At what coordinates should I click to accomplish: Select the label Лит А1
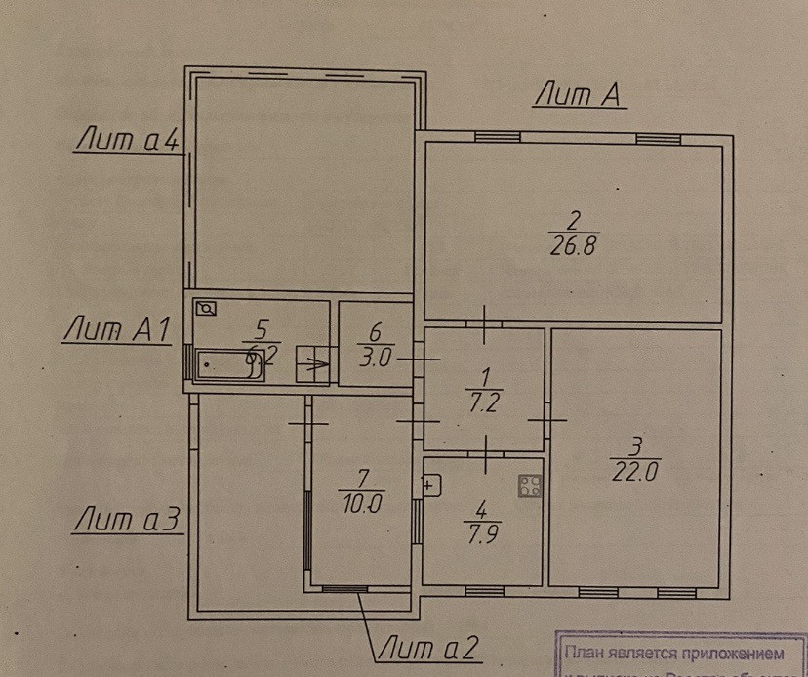click(x=116, y=330)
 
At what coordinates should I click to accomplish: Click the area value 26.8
click(x=573, y=246)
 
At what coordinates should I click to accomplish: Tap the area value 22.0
click(x=634, y=470)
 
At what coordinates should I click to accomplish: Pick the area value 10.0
click(x=360, y=505)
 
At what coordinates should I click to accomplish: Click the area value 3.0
click(x=375, y=357)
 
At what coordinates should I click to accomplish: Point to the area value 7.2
click(x=482, y=400)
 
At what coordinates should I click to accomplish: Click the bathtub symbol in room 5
click(x=228, y=366)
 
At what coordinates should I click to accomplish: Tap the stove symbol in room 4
click(x=530, y=487)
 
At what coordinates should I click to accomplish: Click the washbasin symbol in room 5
click(x=207, y=309)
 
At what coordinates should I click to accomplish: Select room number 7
click(x=362, y=480)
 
